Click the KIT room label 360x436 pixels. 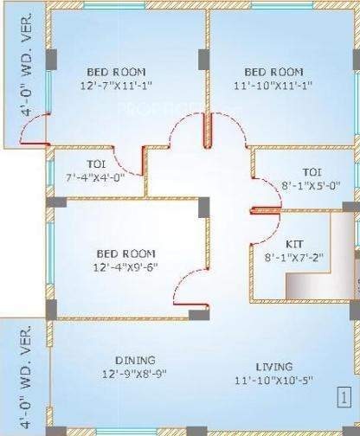(295, 244)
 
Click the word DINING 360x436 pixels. (135, 360)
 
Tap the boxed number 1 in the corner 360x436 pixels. (344, 402)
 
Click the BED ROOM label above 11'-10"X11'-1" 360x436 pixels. (273, 72)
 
